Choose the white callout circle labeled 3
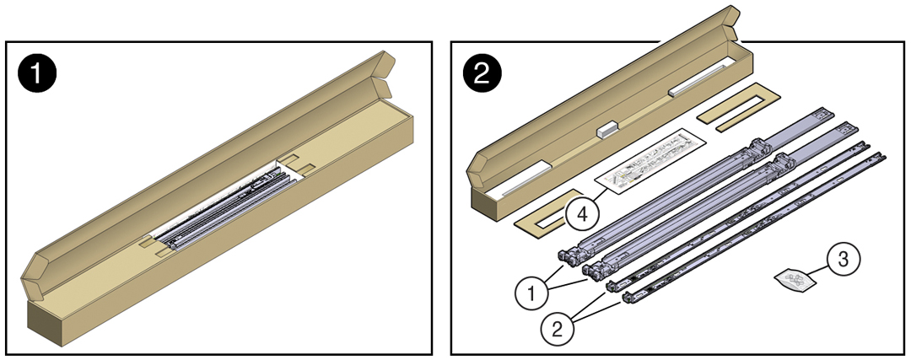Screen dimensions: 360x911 [841, 259]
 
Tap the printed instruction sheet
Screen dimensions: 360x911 [650, 160]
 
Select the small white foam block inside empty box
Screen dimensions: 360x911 [607, 129]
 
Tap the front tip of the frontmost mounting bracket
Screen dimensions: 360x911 [627, 297]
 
